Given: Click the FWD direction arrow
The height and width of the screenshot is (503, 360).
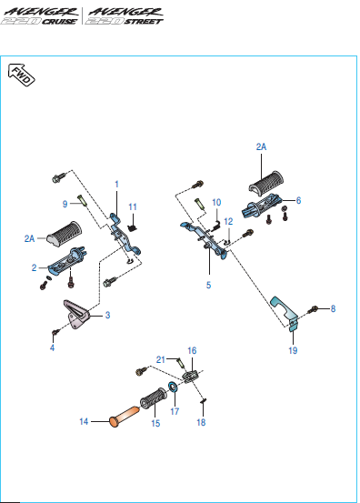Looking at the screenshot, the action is [22, 75].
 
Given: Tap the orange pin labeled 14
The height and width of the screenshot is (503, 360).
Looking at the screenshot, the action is [125, 417].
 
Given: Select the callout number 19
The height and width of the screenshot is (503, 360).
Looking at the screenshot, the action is [293, 350].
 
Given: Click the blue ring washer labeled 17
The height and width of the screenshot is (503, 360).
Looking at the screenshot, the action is [173, 387].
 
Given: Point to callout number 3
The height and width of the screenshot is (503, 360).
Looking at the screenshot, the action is [107, 315].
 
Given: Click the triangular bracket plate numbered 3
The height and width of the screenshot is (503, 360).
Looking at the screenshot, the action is [76, 315].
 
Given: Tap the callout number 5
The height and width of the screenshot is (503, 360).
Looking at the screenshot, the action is [209, 285].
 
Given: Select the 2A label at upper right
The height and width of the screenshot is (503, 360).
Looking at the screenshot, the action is [261, 147].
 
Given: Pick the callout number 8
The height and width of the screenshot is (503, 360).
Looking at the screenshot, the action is [333, 308].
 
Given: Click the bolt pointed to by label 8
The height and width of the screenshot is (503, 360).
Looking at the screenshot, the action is [313, 309].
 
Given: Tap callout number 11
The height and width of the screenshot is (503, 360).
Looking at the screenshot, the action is [133, 206].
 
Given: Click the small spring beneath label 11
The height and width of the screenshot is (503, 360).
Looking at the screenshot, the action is [133, 227].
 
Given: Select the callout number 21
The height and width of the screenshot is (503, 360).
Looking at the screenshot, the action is [161, 359].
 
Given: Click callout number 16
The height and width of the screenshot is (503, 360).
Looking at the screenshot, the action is [192, 350].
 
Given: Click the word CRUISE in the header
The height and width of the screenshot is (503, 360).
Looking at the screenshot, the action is [60, 22].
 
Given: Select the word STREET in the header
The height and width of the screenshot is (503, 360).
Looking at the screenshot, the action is [144, 22].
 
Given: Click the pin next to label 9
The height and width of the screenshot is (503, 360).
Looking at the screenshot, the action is [82, 201].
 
